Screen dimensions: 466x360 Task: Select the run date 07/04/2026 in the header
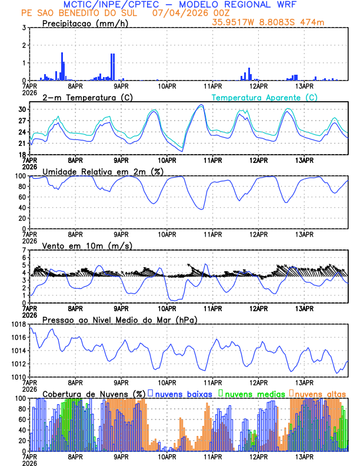tap(178, 13)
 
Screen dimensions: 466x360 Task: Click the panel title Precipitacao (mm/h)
tap(85, 23)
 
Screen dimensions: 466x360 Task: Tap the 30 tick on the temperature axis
tap(21, 109)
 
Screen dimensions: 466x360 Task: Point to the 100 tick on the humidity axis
tap(19, 176)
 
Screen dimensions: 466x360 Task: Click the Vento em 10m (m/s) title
tap(87, 245)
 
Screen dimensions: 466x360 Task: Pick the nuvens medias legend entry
tap(251, 394)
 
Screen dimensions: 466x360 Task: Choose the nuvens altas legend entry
tap(320, 394)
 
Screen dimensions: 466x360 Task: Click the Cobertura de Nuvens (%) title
tap(94, 394)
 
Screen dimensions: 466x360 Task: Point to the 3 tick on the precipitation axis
tap(24, 28)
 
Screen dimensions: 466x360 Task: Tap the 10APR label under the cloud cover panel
tap(167, 456)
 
